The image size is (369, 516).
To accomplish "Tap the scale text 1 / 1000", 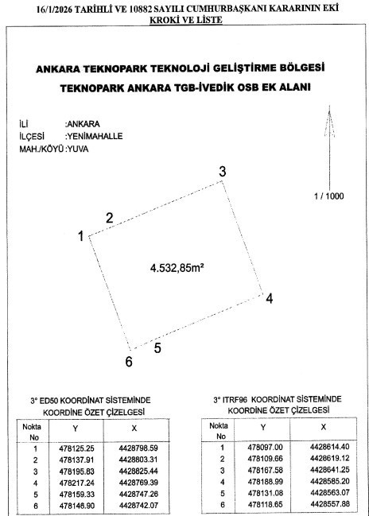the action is (329, 195).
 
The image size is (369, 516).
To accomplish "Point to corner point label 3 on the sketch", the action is (223, 172).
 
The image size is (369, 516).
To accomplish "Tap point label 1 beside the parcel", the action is (80, 235).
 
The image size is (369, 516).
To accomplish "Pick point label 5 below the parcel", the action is (157, 347).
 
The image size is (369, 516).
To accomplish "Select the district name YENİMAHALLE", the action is (94, 137).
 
